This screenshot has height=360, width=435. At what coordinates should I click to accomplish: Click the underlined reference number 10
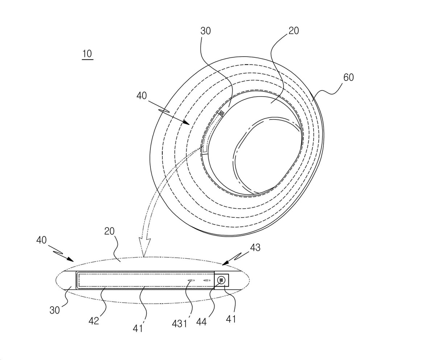[87, 54]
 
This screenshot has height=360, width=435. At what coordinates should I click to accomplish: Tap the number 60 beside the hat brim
[348, 78]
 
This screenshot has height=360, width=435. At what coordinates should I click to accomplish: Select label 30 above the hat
[206, 31]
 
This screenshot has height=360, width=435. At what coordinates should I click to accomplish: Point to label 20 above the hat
[294, 31]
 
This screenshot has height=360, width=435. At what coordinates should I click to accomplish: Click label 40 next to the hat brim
[142, 96]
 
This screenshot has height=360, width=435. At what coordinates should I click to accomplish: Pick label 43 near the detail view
[255, 247]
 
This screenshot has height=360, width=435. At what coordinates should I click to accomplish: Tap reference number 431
[179, 324]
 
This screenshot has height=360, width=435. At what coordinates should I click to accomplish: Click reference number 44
[202, 322]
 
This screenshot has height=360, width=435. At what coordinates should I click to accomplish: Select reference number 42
[94, 321]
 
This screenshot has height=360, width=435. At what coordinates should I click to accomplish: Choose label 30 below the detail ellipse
[55, 311]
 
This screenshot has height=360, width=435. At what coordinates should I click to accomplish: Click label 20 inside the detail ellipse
[109, 231]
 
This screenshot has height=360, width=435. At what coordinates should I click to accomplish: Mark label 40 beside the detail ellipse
[41, 240]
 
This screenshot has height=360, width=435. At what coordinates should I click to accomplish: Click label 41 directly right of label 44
[231, 319]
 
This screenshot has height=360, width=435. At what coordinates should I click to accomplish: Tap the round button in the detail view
[221, 280]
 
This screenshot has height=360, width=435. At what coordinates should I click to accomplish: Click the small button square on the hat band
[221, 114]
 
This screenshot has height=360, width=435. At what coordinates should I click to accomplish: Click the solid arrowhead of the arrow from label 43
[225, 263]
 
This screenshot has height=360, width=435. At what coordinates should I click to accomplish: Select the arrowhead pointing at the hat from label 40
[186, 123]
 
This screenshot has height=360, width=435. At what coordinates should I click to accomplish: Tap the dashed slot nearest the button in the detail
[207, 281]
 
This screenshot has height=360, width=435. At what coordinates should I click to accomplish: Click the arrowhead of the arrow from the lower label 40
[70, 259]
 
